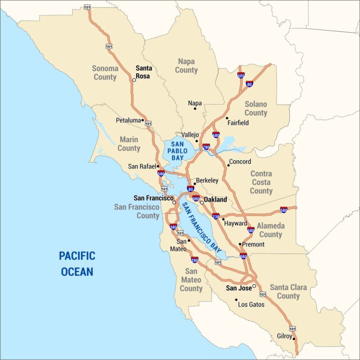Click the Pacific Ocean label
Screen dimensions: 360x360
[77, 263]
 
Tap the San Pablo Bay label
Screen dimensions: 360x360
[179, 151]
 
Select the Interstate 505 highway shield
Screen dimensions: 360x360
[241, 75]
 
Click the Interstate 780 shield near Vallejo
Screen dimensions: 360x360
[206, 147]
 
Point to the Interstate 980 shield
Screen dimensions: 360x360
[196, 198]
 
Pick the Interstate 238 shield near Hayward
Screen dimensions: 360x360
[216, 216]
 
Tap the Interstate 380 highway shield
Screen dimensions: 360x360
[173, 227]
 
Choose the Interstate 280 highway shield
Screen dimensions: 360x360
[195, 259]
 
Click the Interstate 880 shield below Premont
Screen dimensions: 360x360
[243, 256]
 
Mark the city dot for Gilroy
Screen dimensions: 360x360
[294, 339]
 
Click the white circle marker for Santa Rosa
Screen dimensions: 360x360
[134, 80]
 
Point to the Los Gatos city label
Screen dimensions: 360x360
[251, 304]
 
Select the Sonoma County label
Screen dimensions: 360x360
[105, 73]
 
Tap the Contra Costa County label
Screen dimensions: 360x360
[261, 182]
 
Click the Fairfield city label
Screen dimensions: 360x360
[238, 123]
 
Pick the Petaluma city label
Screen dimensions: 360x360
[128, 120]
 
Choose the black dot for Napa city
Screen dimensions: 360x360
[195, 109]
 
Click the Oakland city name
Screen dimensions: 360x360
[215, 199]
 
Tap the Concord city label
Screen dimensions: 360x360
[240, 162]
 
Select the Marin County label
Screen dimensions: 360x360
[129, 144]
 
